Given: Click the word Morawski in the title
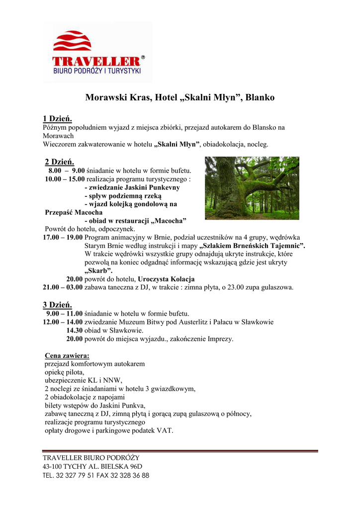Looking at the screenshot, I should tap(105, 97).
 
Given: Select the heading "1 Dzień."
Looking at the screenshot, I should tap(57, 119).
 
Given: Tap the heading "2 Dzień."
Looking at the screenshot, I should tap(59, 162).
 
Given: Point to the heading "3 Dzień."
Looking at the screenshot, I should tap(57, 305).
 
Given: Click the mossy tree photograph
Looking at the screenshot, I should tap(252, 188).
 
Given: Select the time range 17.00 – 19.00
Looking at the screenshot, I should tap(63, 238).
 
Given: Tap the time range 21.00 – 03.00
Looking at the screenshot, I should tap(63, 287).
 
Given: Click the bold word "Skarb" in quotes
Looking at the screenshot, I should tap(98, 271).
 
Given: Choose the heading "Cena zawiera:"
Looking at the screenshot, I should tap(67, 356).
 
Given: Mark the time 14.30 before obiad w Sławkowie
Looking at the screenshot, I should tap(75, 331).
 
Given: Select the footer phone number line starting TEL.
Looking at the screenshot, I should tap(96, 475).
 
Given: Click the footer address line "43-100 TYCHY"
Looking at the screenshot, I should tap(92, 466).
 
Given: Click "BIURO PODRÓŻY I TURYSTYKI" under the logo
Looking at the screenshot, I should tap(97, 71).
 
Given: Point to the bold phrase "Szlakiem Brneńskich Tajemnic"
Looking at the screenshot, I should tap(252, 246).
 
